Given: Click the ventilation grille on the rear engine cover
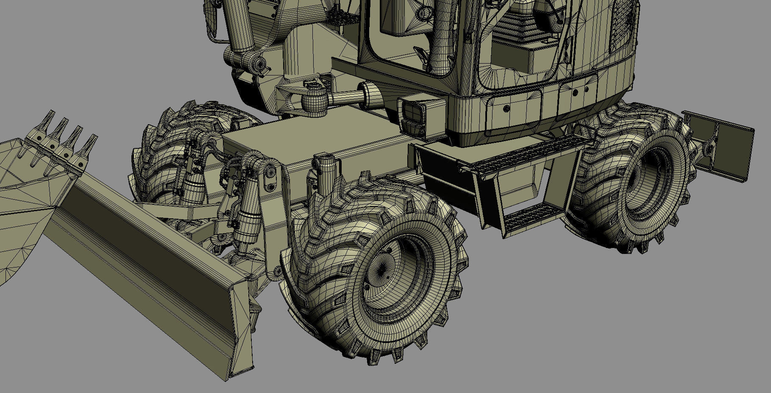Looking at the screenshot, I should [x=623, y=25].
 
